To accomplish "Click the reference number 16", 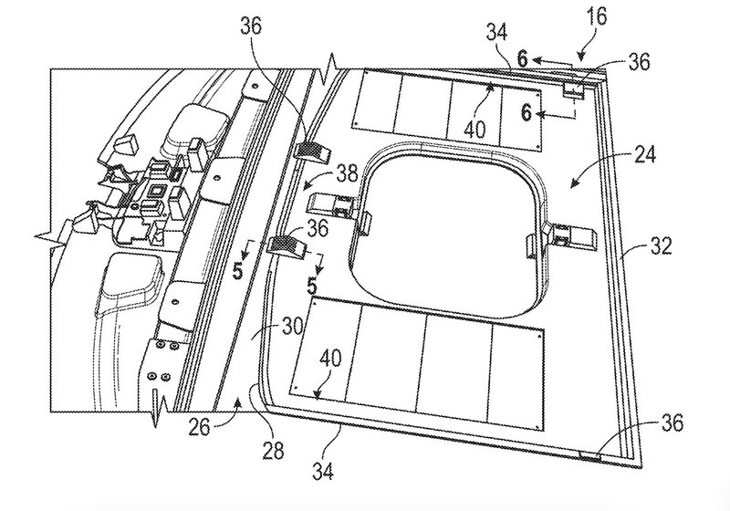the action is pos(598,16).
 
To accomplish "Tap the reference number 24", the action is pos(644,154).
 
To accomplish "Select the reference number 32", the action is pos(661,245).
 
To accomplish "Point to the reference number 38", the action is pos(347,173).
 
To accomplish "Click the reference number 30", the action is pos(293,327).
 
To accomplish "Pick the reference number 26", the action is pos(199,427).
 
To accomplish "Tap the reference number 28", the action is pos(273,450).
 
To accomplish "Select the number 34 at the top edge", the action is pos(497,33).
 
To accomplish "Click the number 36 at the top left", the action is pos(251,26).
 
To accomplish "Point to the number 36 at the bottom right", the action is pos(672,423).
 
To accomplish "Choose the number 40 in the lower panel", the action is pos(330,359).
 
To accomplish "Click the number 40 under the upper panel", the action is pos(475,130).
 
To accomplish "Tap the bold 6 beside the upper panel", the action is pos(527,112).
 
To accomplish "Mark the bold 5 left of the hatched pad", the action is pos(238,271).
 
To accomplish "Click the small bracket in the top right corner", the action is pos(575,89).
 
